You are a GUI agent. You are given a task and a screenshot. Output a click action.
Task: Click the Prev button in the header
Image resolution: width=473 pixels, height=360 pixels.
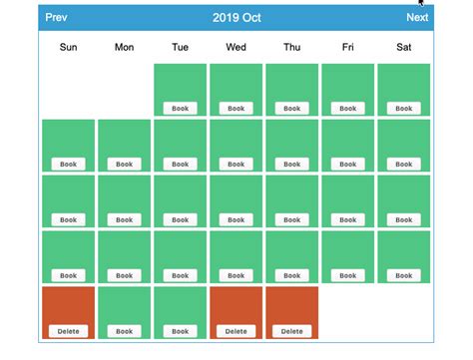pos(57,17)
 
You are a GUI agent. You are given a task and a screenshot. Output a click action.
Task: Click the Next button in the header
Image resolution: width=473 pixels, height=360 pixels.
pos(417,17)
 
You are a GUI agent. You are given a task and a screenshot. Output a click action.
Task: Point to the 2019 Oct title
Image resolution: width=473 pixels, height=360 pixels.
pos(236,17)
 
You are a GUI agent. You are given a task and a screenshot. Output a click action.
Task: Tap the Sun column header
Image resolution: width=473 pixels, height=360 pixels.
pos(68,47)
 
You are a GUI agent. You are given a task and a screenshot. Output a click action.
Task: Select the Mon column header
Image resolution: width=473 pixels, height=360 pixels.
pos(124,47)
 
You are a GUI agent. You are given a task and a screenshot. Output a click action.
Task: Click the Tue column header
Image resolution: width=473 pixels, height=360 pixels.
pos(180,47)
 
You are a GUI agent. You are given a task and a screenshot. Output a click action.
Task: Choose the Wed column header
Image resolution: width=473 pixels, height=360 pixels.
pos(236,47)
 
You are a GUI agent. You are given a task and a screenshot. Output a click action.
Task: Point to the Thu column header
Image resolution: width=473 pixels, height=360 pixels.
pos(291,47)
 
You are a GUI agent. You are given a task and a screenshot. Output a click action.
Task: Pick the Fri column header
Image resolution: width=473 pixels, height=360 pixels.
pos(347,47)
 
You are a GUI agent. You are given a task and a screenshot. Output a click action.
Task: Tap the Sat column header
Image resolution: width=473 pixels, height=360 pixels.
pos(403,47)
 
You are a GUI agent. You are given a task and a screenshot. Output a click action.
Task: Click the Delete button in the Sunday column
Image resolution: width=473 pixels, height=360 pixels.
pos(68,331)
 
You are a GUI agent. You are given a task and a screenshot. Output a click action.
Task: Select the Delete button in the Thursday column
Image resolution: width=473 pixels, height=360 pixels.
pos(291,331)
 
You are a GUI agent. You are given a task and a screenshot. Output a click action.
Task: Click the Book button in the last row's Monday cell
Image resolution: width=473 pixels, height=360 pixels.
pos(124,331)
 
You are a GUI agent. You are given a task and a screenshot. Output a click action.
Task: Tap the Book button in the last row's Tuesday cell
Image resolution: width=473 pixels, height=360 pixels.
pos(180,331)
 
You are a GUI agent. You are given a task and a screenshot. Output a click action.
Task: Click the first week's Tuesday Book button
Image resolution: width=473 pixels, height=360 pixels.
pos(180,108)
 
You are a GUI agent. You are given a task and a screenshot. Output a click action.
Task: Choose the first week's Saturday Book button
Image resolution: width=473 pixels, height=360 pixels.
pos(403,108)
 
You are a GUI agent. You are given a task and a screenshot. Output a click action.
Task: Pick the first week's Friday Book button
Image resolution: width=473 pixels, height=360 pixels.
pos(347,108)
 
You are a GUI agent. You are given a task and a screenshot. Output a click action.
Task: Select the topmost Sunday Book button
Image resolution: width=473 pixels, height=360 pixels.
pos(68,164)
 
